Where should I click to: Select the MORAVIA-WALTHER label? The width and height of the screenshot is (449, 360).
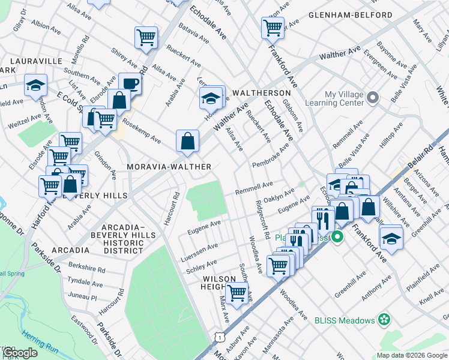(169, 166)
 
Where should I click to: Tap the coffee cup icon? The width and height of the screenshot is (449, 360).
(129, 83)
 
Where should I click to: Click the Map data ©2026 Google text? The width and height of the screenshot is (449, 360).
(412, 355)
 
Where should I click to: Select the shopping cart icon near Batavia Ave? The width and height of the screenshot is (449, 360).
(146, 37)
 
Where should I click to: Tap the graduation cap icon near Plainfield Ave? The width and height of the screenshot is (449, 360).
(391, 238)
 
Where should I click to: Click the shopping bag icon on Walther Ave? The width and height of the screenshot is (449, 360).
(188, 141)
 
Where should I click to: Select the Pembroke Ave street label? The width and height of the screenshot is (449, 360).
(271, 154)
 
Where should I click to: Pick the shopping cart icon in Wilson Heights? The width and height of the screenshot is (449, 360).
(237, 293)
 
